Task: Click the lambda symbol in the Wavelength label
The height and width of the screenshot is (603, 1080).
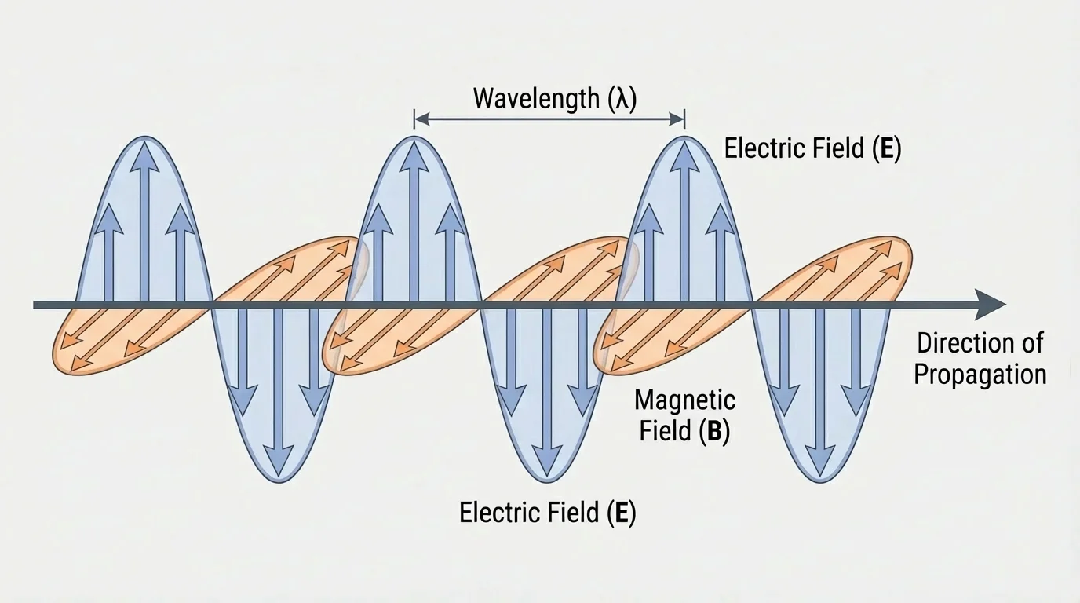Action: pyautogui.click(x=619, y=100)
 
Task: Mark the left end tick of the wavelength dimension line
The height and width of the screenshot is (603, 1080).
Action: pyautogui.click(x=414, y=119)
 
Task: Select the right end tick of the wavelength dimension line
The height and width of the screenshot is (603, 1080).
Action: pyautogui.click(x=684, y=119)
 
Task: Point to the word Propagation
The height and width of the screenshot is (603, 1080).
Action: pyautogui.click(x=980, y=375)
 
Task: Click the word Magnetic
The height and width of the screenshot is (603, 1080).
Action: pyautogui.click(x=684, y=400)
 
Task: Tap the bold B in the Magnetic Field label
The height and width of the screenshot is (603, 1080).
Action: pyautogui.click(x=713, y=432)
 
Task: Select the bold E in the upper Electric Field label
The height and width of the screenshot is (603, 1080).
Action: pyautogui.click(x=886, y=148)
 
